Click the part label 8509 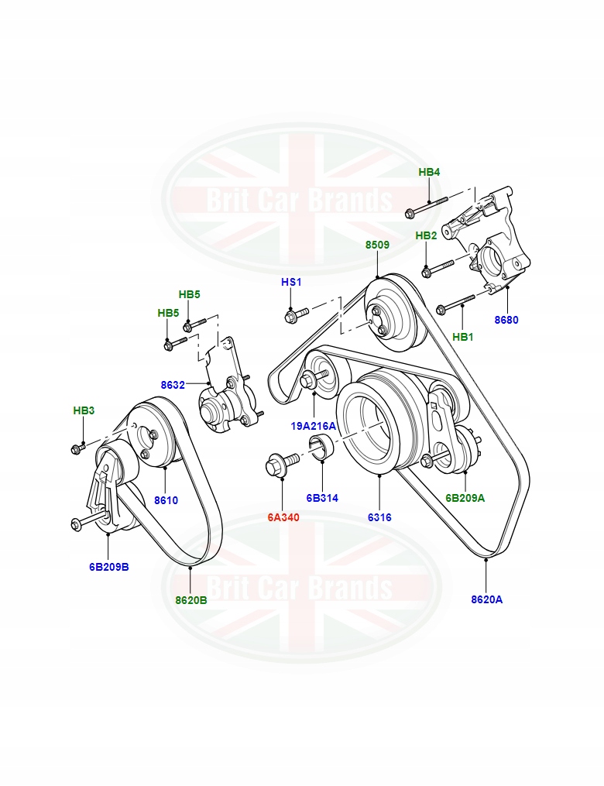(377, 245)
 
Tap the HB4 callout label (429, 172)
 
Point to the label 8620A (486, 599)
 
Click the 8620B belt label (190, 599)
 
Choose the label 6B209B (108, 566)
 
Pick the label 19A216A (314, 426)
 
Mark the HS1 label (291, 283)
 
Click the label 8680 (506, 319)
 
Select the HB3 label (84, 410)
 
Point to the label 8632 (173, 384)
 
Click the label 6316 (380, 517)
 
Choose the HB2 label (426, 235)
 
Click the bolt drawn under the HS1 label (296, 314)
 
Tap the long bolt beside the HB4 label (426, 205)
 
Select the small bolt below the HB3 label (80, 447)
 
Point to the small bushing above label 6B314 (320, 448)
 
